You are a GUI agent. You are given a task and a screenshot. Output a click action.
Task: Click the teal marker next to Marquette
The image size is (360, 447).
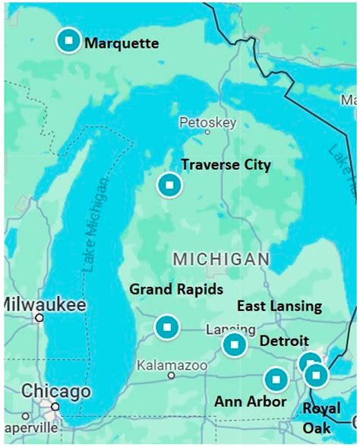coord(68,40)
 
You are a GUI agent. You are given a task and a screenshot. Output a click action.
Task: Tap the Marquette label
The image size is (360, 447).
coord(122,43)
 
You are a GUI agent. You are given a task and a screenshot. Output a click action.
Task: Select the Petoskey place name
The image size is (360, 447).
coord(207,123)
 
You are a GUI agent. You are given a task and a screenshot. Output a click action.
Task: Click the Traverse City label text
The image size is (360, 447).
coord(226,165)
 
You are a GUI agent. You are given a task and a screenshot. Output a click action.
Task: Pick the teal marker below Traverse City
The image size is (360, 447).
coord(169,185)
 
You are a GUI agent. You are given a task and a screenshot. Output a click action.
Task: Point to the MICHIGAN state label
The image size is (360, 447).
coord(221,259)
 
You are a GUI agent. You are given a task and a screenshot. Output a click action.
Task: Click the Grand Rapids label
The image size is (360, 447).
coord(176,289)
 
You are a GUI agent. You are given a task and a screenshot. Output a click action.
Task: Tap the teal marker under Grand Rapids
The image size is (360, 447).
coord(166,327)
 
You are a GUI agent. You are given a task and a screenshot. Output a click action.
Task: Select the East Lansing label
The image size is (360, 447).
coord(279,307)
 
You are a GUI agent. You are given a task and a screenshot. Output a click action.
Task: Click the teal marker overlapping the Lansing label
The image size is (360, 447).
coord(235,345)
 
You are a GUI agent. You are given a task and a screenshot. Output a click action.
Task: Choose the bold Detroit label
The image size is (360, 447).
coord(284,342)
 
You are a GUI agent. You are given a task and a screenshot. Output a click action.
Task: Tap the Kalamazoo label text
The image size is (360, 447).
coord(172,366)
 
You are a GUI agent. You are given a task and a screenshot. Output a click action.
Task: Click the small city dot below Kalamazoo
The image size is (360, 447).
coord(172,376)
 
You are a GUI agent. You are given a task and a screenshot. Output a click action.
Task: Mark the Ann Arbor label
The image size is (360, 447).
coord(250,401)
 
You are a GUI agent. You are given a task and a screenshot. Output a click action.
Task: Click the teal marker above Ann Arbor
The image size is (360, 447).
coord(276,378)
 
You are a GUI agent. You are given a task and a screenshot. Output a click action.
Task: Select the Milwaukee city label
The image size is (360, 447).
coord(44,304)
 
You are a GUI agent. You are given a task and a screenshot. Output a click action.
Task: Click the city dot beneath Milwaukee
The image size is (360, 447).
coord(39,318)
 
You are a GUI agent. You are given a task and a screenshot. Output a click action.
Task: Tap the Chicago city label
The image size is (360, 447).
coord(55,392)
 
